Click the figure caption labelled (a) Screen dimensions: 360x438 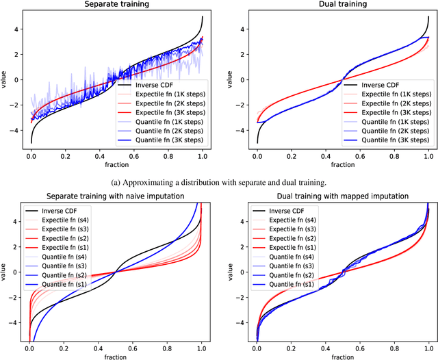(219, 182)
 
